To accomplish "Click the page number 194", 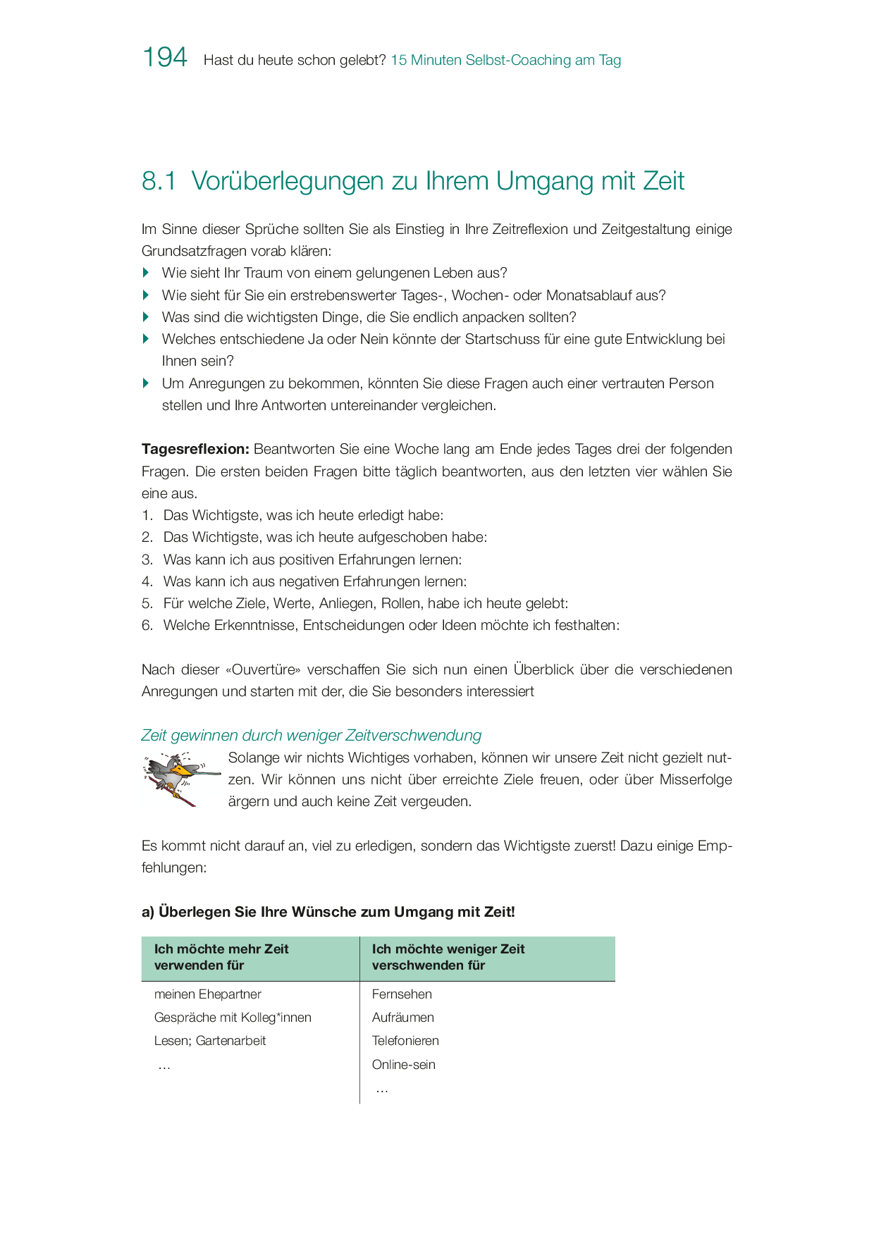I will [165, 57].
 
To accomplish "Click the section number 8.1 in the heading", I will [159, 181].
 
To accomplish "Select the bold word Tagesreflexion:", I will [195, 450].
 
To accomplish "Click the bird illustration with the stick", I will [179, 779].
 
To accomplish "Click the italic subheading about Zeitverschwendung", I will [311, 736].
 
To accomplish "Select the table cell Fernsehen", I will [402, 994].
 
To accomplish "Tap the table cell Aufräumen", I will [402, 1018].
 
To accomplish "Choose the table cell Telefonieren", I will [405, 1041].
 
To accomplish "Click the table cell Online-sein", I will [403, 1065].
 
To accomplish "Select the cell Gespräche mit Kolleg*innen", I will [233, 1018].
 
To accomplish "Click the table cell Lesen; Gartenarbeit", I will [210, 1041].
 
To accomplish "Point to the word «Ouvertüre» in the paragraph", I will [262, 669].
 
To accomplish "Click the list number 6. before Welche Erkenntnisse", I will [147, 626].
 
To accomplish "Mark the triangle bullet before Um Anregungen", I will [146, 383].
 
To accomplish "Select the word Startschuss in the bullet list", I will [502, 339].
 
